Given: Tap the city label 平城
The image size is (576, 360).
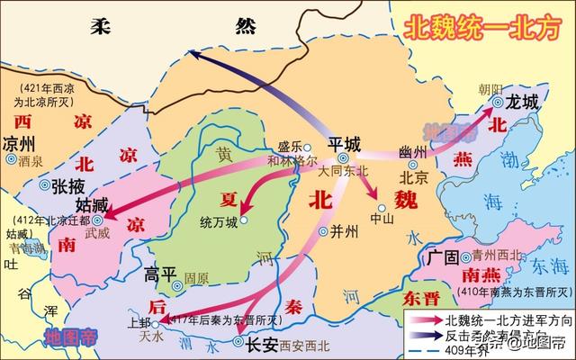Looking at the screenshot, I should pos(343,143).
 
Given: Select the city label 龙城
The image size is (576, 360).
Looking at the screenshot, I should pos(522,102).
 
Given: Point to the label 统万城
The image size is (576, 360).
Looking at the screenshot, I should pos(220,221).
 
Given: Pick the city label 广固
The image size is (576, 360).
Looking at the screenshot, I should pos(445,258).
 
